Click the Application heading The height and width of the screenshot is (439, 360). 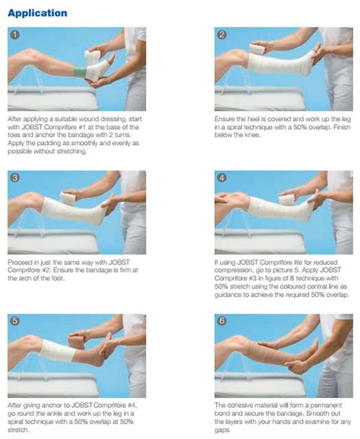click(x=37, y=13)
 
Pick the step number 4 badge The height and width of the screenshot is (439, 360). click(x=222, y=178)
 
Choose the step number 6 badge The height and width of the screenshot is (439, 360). click(x=222, y=321)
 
